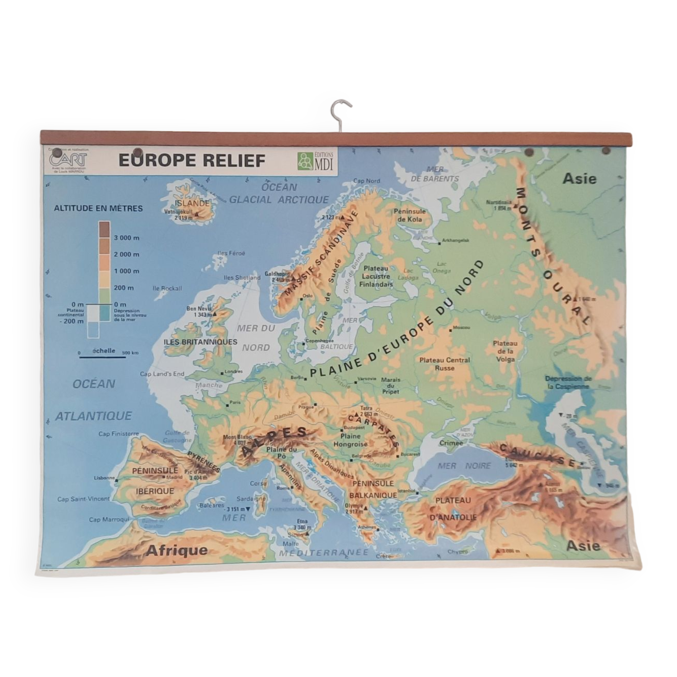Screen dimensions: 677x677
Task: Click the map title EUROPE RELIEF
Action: tap(192, 161)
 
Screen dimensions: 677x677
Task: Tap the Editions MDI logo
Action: tap(315, 161)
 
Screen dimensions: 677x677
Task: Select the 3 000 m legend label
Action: tap(127, 238)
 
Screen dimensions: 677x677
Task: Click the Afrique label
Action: tap(177, 550)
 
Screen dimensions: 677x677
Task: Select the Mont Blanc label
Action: tap(237, 437)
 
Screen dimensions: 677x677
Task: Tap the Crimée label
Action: tap(451, 443)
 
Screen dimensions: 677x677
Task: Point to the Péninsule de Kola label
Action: tap(410, 216)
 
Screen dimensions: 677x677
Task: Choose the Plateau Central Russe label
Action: tap(445, 364)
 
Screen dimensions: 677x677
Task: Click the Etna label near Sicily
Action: tap(302, 522)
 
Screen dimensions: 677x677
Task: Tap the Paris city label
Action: tap(235, 402)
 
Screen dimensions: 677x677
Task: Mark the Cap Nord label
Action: tap(366, 181)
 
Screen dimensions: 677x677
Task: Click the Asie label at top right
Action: tap(579, 179)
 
